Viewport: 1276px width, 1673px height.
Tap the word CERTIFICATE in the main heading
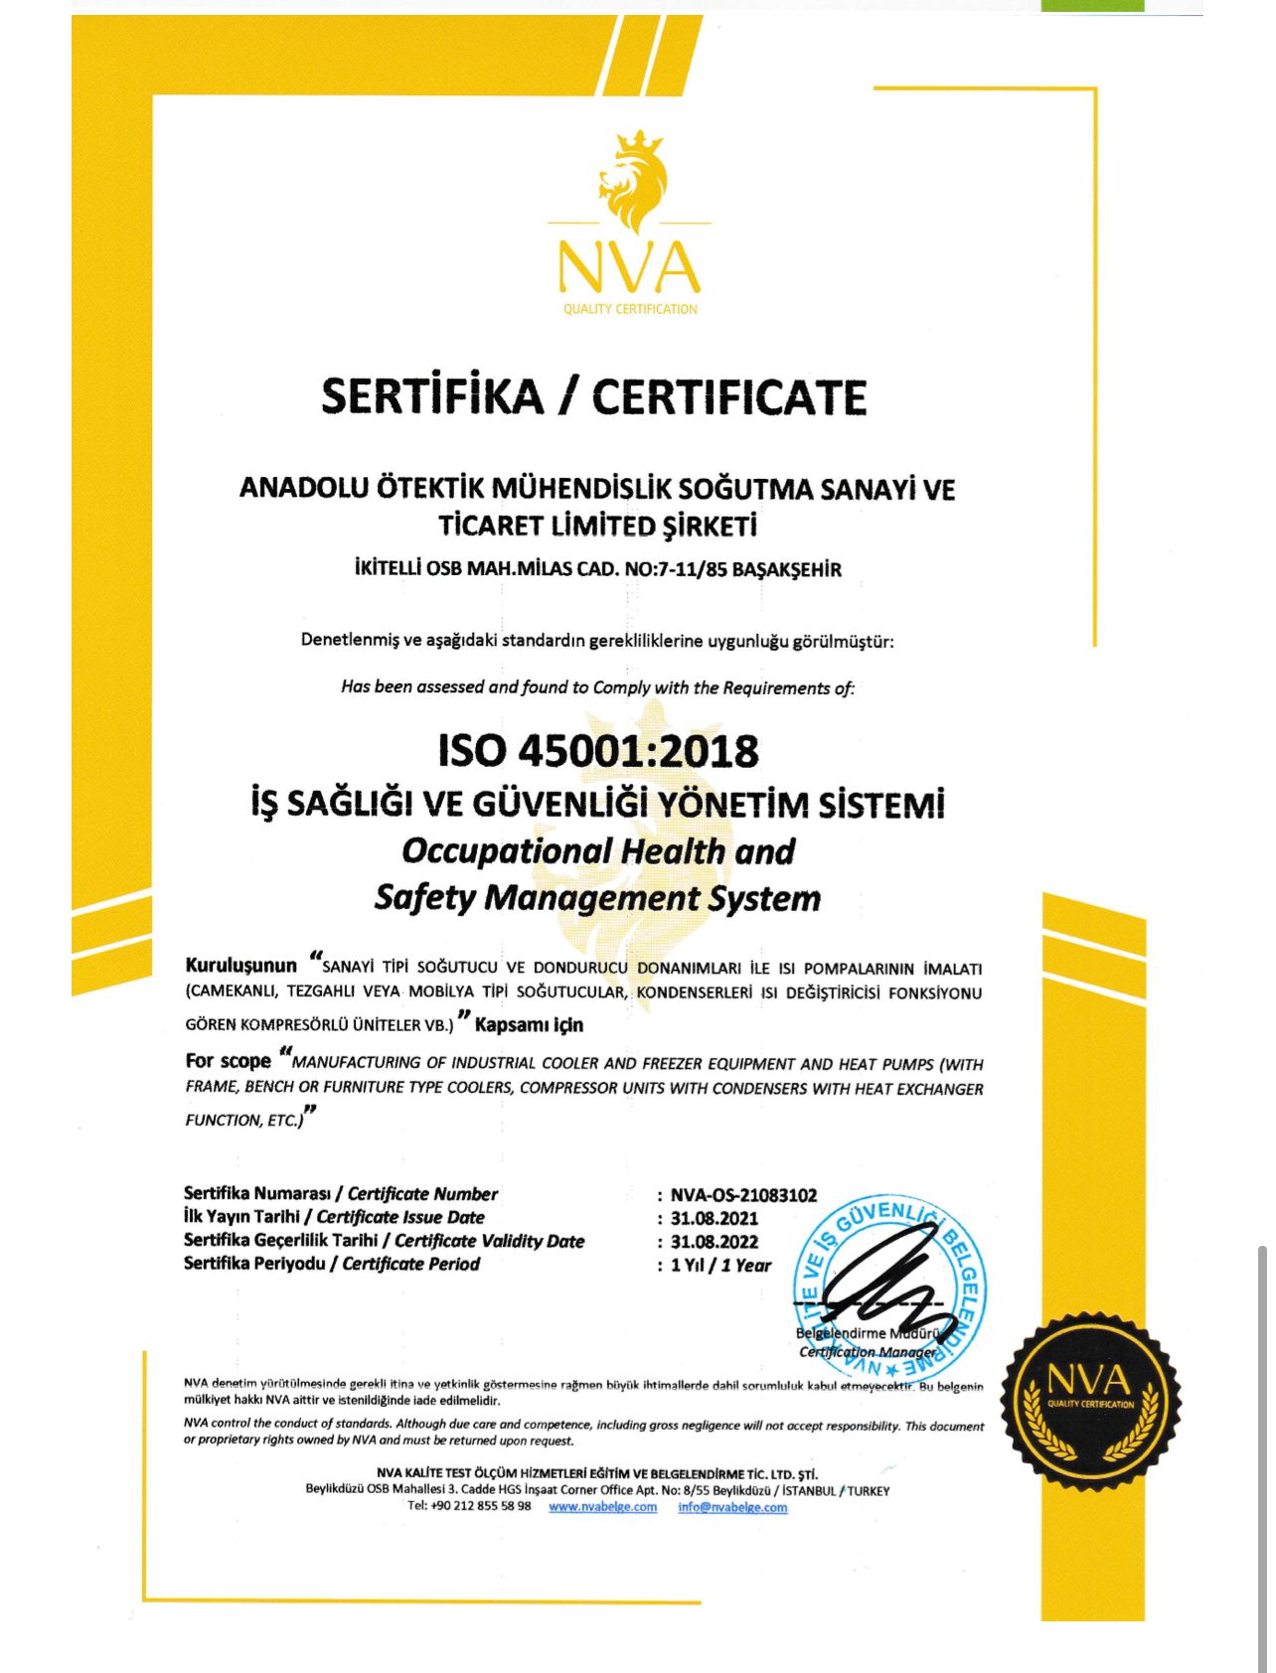coord(729,396)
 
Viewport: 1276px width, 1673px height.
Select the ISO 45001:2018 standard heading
coord(598,750)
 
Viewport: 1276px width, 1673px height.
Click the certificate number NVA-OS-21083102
coord(743,1195)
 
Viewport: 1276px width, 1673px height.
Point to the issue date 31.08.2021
coord(714,1218)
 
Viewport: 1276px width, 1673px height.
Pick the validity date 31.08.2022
coord(714,1242)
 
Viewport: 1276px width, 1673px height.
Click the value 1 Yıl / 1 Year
coord(720,1266)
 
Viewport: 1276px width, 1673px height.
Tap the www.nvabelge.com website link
coord(602,1507)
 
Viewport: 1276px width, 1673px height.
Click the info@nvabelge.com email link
coord(732,1507)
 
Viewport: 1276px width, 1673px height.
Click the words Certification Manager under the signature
coord(867,1352)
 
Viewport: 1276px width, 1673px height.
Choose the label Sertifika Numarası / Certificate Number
coord(341,1194)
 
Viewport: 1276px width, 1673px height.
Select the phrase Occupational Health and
coord(598,851)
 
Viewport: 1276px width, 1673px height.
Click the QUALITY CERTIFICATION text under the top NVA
coord(630,309)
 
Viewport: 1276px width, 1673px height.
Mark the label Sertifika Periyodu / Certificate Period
coord(332,1265)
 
